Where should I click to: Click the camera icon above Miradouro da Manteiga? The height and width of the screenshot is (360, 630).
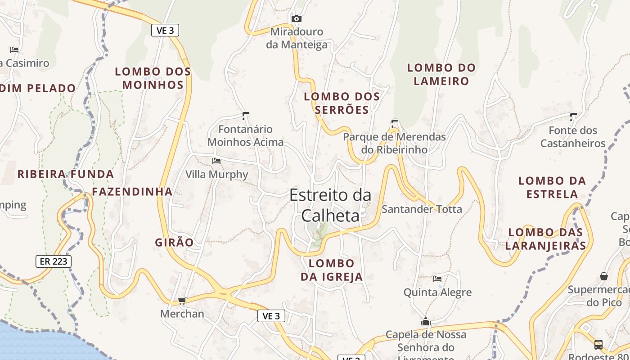[296, 18]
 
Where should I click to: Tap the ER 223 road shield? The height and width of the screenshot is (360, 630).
[54, 261]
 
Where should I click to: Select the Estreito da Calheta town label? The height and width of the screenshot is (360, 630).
[330, 205]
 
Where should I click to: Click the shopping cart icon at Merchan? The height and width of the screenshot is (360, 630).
[182, 301]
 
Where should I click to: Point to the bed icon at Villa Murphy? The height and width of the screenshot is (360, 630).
[216, 161]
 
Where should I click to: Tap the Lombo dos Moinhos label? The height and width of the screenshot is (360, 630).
[153, 78]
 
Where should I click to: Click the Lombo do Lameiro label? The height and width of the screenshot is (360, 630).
[441, 74]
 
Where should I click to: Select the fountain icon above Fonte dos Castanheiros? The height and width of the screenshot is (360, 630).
[573, 117]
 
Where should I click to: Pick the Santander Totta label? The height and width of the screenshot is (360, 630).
[422, 209]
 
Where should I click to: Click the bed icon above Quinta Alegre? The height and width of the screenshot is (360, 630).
[437, 279]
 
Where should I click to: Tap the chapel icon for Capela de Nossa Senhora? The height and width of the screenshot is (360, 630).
[425, 322]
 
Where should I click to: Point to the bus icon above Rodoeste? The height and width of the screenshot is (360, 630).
[598, 345]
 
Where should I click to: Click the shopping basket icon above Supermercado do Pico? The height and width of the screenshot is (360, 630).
[603, 276]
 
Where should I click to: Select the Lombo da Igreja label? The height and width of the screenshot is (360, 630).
[332, 270]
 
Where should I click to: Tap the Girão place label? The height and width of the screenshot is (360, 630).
[174, 243]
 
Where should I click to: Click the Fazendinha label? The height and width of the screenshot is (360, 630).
[132, 192]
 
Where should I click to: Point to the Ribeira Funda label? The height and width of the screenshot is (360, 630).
[66, 174]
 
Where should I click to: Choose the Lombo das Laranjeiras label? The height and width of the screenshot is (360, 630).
[545, 238]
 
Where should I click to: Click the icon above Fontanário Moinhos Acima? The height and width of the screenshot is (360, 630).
[245, 116]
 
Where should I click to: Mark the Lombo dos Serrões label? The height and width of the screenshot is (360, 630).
[342, 103]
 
